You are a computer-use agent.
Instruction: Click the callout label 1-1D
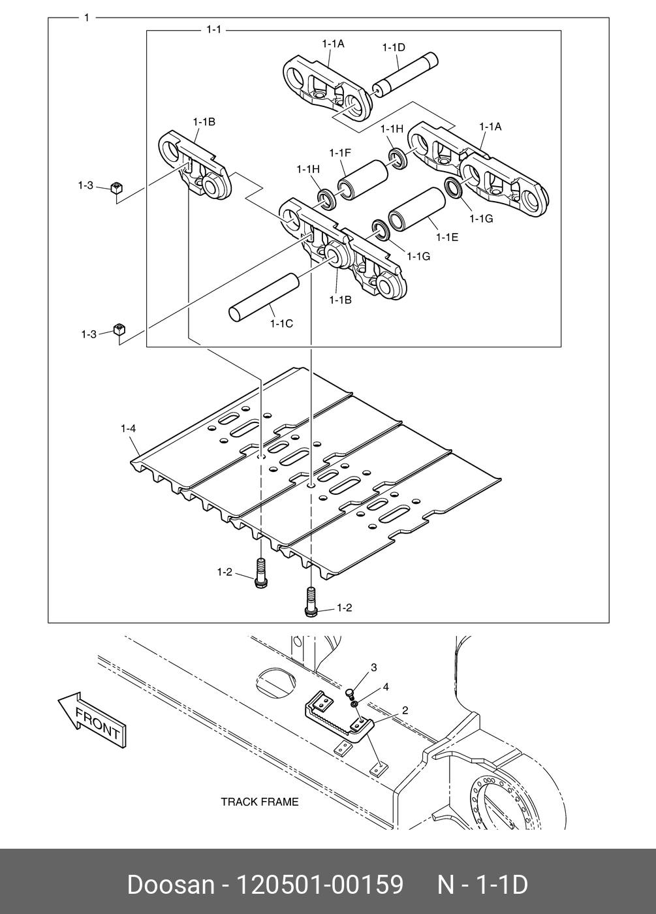click(394, 47)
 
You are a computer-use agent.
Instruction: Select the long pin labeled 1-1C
click(263, 298)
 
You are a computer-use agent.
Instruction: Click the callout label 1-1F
click(340, 153)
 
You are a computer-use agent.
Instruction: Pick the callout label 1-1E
click(447, 237)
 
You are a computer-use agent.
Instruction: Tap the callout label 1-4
click(128, 429)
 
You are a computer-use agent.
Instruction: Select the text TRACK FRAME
click(259, 802)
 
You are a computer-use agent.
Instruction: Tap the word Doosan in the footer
click(170, 885)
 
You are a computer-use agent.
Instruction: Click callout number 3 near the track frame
click(373, 667)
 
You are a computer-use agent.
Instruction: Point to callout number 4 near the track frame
click(386, 687)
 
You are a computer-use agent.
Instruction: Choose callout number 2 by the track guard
click(405, 710)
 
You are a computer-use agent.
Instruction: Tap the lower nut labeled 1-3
click(119, 329)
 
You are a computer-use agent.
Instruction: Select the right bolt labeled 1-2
click(309, 601)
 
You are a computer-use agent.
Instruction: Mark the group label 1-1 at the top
click(213, 29)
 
